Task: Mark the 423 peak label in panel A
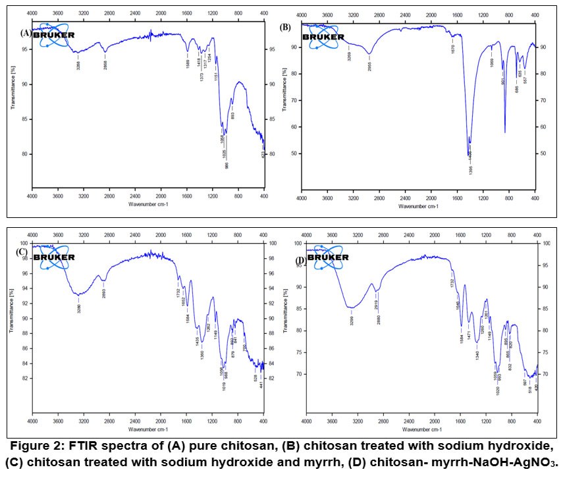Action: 262,157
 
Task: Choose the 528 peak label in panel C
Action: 255,377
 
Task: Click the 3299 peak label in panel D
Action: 352,321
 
